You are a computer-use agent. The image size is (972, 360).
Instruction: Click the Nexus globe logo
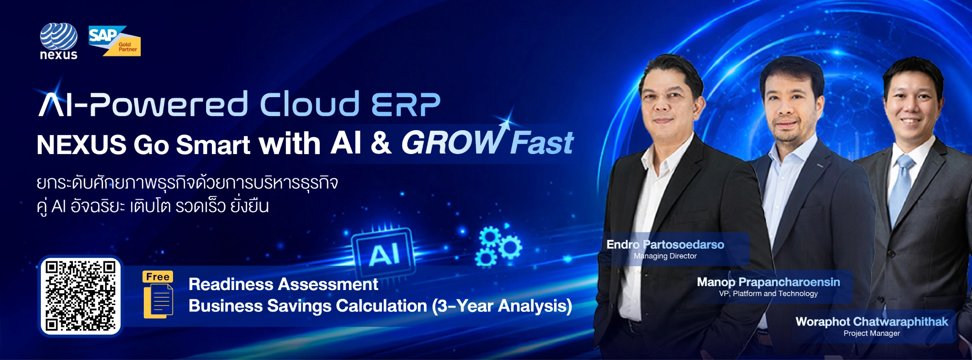tap(58, 41)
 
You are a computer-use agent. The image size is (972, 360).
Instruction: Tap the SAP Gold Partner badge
tap(115, 41)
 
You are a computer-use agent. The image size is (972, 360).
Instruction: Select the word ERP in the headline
tap(406, 104)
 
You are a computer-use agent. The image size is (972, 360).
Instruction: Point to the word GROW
tap(452, 143)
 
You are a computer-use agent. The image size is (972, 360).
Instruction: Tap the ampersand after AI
tap(381, 143)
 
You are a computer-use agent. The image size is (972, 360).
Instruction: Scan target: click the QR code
tap(81, 296)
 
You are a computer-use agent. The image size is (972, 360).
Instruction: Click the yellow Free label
tap(157, 276)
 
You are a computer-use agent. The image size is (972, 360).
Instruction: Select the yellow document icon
tap(158, 301)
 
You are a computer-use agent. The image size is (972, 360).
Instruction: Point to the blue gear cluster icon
tap(498, 246)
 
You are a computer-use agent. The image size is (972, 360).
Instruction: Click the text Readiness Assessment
tap(283, 284)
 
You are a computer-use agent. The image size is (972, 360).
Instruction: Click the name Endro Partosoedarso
tap(665, 244)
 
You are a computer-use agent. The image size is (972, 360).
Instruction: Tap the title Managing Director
tap(665, 256)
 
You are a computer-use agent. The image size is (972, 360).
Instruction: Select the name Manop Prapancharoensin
tap(768, 282)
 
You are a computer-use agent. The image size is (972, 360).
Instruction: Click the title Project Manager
tap(872, 333)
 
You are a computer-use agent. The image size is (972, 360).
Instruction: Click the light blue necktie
tap(901, 189)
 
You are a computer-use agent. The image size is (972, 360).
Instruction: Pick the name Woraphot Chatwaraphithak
tap(872, 322)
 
